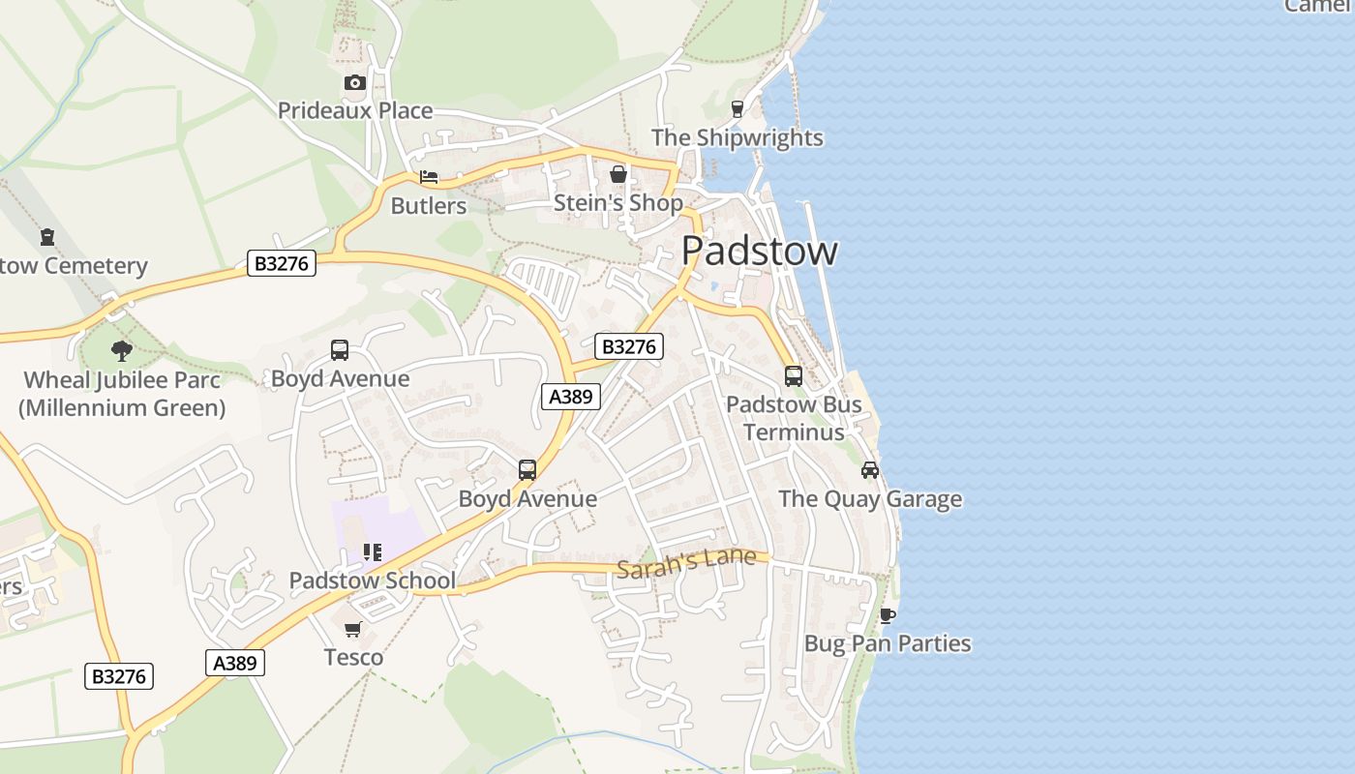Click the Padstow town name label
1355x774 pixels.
click(759, 251)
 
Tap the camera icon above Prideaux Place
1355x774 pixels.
click(355, 83)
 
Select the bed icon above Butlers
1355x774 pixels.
click(429, 177)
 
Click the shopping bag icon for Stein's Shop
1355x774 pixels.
click(617, 175)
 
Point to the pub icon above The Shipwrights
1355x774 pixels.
click(738, 108)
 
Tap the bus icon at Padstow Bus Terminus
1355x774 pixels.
click(793, 375)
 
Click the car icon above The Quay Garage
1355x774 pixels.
click(870, 470)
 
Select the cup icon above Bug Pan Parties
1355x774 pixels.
click(888, 615)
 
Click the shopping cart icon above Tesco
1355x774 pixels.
click(353, 630)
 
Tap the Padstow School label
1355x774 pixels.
click(372, 580)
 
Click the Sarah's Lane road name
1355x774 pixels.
click(685, 562)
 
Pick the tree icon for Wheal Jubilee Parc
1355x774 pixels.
click(121, 350)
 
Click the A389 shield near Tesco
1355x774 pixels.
click(235, 663)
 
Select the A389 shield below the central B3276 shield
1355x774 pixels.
click(571, 396)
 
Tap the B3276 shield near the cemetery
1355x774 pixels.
click(282, 263)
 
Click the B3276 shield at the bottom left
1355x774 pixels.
click(119, 676)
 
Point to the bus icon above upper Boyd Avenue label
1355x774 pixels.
click(340, 350)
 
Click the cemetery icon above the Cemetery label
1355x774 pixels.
click(46, 237)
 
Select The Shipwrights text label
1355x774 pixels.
click(737, 137)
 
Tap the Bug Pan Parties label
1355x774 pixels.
click(888, 643)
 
